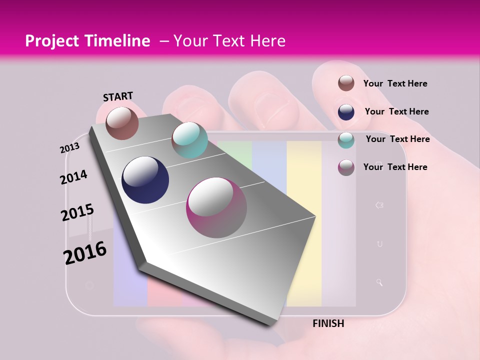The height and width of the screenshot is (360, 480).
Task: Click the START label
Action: click(118, 96)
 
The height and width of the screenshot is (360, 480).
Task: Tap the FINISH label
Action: click(328, 323)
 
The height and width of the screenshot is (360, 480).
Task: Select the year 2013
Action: click(69, 148)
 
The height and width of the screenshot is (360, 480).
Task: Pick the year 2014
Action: click(73, 177)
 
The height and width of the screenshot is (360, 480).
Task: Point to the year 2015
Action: click(77, 212)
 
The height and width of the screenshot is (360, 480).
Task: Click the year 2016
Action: click(85, 252)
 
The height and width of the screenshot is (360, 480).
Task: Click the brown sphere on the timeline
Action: click(122, 123)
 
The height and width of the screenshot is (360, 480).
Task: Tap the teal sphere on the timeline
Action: click(189, 140)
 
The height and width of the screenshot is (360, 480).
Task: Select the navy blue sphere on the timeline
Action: click(145, 180)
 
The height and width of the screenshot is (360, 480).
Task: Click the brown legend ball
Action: click(346, 83)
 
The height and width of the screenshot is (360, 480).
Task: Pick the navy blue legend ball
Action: click(346, 111)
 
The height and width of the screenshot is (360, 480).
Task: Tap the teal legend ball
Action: click(346, 139)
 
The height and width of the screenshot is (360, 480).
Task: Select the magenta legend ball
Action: click(346, 167)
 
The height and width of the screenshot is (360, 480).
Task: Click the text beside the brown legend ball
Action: click(395, 83)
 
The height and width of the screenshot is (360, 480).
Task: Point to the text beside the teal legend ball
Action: click(397, 139)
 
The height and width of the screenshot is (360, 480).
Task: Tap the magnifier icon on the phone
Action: click(379, 282)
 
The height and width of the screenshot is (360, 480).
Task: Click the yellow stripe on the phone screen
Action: click(303, 225)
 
